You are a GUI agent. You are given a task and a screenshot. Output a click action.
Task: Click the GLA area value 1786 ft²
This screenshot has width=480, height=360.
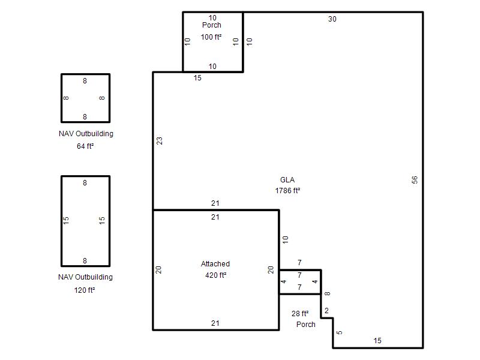point(287,191)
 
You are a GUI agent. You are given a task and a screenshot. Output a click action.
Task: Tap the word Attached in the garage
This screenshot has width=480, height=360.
point(215,264)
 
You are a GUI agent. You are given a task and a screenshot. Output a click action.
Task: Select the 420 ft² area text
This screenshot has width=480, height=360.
point(216,275)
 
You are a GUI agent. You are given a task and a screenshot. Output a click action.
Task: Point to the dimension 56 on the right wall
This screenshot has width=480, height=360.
point(415,179)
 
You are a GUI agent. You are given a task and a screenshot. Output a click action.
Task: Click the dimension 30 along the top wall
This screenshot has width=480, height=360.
point(332,19)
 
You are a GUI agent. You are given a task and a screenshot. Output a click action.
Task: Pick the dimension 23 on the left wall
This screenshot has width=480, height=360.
point(160,141)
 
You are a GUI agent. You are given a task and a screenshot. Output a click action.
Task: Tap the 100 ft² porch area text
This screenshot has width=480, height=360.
point(211,37)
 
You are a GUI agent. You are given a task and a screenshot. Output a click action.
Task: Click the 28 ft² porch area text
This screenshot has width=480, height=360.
point(300,313)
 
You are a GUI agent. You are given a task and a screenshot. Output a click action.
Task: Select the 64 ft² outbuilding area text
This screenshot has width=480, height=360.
point(85,146)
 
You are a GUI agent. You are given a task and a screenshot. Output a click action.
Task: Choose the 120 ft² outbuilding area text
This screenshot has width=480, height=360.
point(85,290)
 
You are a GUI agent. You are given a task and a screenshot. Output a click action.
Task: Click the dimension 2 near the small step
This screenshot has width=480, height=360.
point(326,311)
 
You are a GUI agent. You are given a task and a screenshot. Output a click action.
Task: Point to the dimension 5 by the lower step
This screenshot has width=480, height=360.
point(339,332)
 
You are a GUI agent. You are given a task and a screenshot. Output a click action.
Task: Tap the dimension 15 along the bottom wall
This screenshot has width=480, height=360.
point(377,341)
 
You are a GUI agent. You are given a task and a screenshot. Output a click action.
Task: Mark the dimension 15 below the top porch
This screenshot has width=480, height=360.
point(197,78)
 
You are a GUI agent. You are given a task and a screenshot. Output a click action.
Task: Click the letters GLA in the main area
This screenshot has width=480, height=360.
point(287,179)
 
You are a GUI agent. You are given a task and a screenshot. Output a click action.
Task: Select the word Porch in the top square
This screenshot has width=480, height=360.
point(212,25)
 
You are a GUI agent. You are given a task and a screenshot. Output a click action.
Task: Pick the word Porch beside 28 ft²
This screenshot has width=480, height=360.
point(306,325)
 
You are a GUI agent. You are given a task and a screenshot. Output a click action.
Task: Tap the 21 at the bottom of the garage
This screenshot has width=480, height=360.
point(215,323)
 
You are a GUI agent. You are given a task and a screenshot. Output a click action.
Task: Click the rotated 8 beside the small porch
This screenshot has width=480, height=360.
point(327,293)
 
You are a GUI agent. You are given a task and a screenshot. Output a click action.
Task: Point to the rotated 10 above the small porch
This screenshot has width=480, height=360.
point(286,239)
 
